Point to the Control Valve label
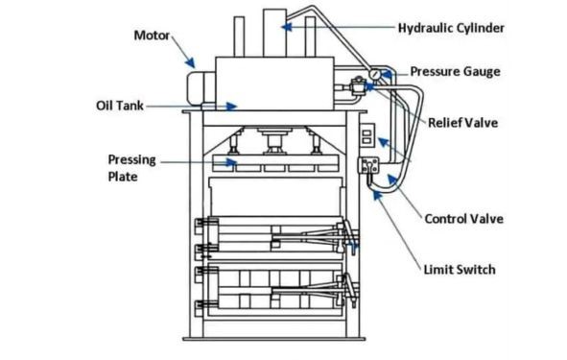click(463, 219)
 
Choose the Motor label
click(152, 36)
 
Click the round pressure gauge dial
click(372, 76)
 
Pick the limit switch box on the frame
click(366, 165)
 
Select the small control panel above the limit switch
click(366, 134)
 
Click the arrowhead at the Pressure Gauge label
click(386, 73)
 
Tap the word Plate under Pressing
click(123, 177)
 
